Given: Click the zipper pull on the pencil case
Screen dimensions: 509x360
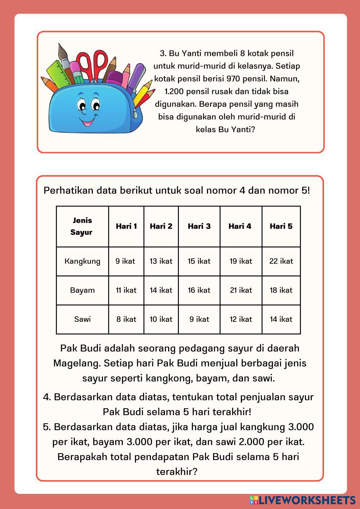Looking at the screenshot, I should pyautogui.click(x=136, y=113).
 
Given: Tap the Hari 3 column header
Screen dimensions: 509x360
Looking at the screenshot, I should pyautogui.click(x=199, y=226).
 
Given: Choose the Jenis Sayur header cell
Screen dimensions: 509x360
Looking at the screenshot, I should pyautogui.click(x=82, y=226).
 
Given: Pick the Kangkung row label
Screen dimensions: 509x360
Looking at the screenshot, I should pyautogui.click(x=82, y=261).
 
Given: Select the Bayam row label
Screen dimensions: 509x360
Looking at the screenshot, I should pyautogui.click(x=82, y=290).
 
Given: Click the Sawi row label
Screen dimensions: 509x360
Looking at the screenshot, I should pyautogui.click(x=82, y=319).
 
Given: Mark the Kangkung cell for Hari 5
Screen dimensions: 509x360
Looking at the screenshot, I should pyautogui.click(x=281, y=261).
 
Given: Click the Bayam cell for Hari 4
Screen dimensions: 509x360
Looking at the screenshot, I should pyautogui.click(x=241, y=290).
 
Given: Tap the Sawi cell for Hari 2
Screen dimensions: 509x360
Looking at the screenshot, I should pyautogui.click(x=161, y=319).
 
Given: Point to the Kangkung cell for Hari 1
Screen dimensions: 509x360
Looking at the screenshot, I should pyautogui.click(x=126, y=261).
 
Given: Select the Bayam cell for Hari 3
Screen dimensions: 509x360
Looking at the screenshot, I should pyautogui.click(x=199, y=290).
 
